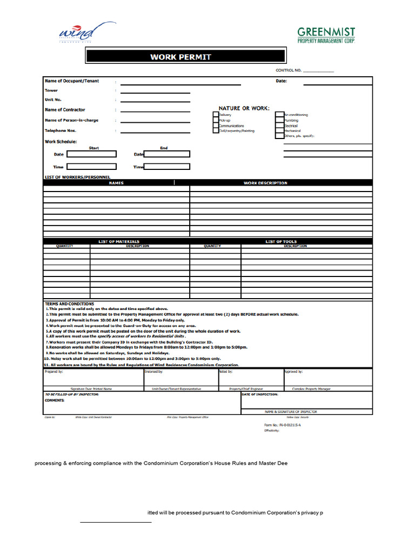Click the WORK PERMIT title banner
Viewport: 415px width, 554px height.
click(185, 56)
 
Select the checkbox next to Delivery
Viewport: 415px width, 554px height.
click(216, 115)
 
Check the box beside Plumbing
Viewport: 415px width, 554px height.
click(280, 120)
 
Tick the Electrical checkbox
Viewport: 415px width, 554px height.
click(280, 126)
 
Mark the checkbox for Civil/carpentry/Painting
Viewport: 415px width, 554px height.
click(216, 131)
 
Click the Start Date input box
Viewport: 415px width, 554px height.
click(91, 154)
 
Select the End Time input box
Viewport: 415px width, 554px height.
click(167, 167)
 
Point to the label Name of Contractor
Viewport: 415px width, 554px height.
click(65, 110)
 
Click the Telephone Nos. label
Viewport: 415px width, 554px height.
click(60, 130)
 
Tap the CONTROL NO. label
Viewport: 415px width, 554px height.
click(289, 70)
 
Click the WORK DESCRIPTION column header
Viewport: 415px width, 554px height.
click(265, 183)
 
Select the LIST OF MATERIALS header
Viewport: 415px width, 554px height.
click(118, 241)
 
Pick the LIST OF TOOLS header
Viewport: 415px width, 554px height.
click(281, 241)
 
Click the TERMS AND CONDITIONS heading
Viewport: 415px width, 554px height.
click(69, 304)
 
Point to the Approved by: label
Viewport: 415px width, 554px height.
click(293, 372)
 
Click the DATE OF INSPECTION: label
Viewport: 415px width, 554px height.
click(260, 394)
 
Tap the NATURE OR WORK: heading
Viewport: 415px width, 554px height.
click(244, 108)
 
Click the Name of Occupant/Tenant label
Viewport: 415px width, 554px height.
click(72, 81)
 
